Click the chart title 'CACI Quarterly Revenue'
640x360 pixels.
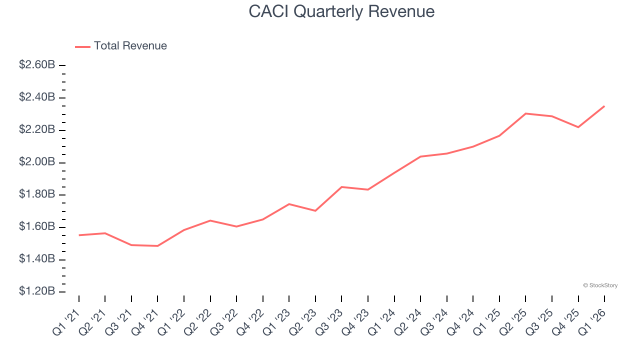341,11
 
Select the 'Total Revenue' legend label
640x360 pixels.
130,46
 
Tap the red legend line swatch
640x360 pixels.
82,46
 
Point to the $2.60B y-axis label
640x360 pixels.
37,65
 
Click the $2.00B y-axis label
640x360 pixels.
37,162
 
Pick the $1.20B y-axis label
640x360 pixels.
37,291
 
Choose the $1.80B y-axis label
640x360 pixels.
37,194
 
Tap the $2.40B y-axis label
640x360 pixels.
37,97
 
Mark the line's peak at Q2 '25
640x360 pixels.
525,113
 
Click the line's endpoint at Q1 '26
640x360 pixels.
604,106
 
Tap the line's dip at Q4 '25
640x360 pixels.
578,127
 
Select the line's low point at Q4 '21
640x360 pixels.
157,246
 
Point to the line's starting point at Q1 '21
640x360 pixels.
79,235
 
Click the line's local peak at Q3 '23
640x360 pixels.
341,187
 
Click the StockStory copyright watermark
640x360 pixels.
600,285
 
